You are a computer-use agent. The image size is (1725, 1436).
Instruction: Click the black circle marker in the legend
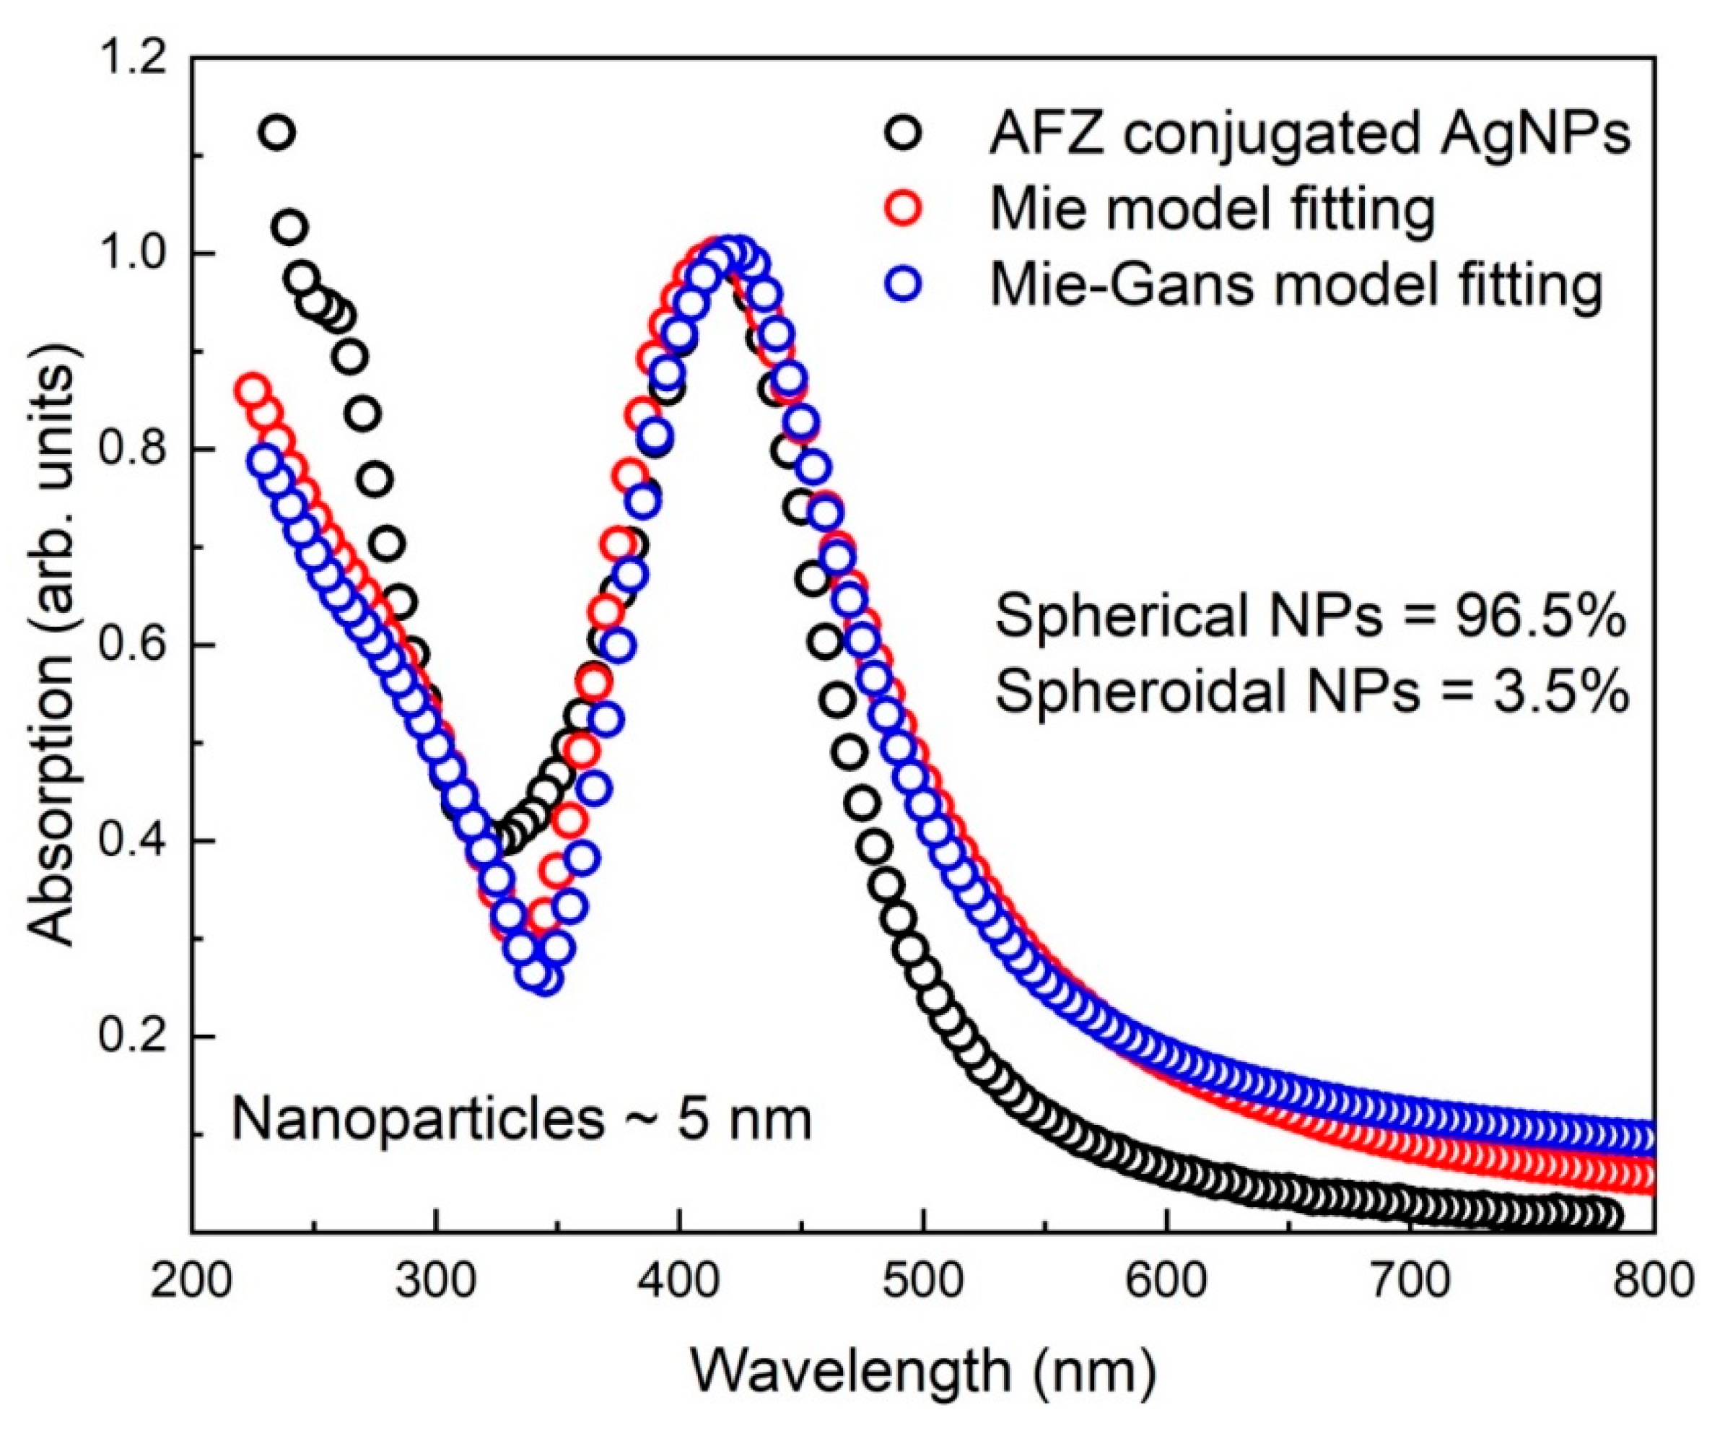[x=904, y=134]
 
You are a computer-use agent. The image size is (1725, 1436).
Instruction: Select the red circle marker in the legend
[x=904, y=209]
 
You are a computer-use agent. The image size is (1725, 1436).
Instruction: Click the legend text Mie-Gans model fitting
[x=1296, y=286]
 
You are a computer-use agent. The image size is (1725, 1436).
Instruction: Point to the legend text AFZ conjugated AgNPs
[x=1309, y=134]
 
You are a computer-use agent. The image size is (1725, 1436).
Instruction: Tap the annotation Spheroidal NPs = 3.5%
[x=1311, y=692]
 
